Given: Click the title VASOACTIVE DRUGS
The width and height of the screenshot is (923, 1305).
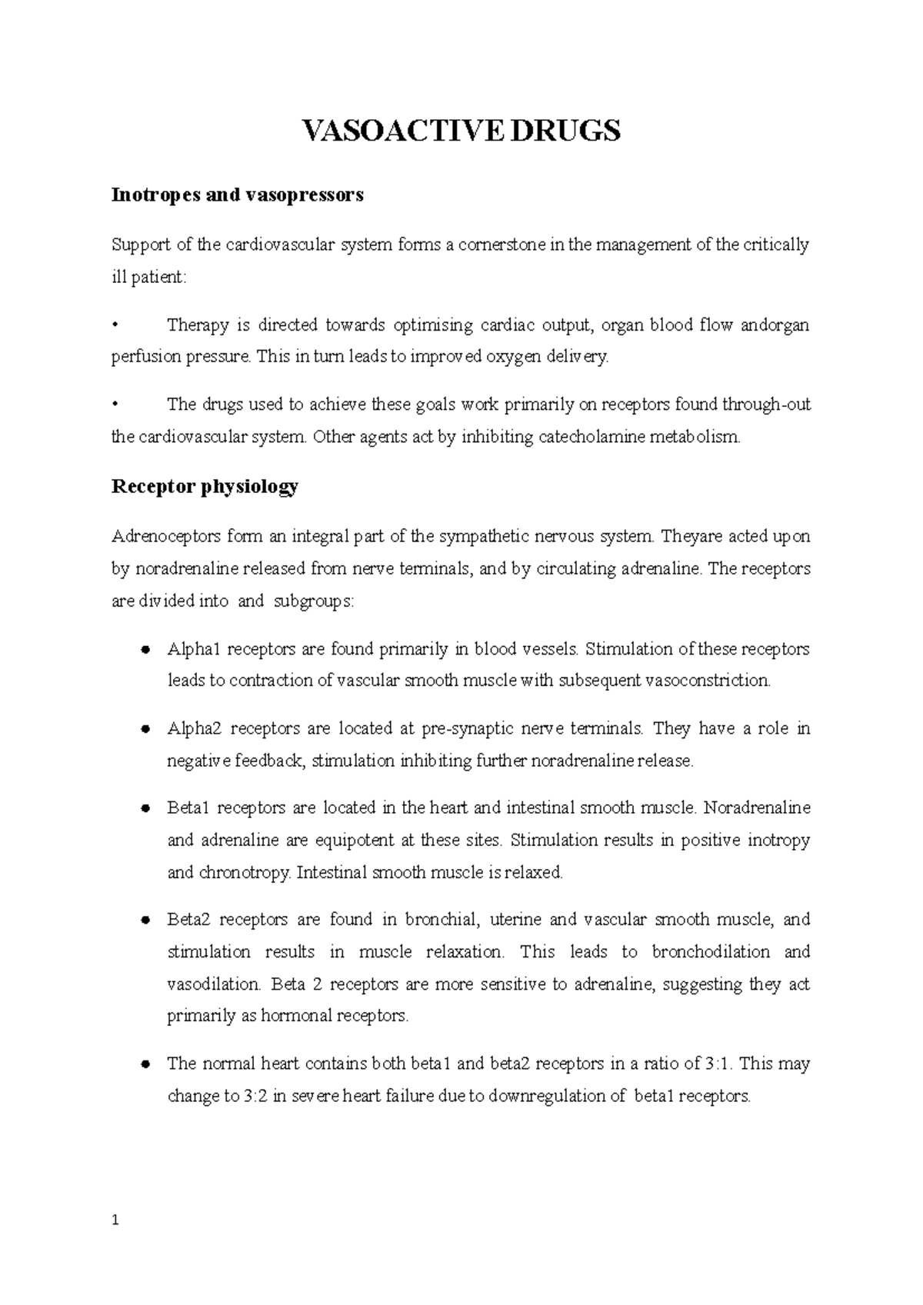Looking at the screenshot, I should tap(461, 132).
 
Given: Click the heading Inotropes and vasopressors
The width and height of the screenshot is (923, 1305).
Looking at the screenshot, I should tap(237, 195).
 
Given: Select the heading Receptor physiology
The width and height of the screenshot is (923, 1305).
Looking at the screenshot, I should tap(205, 487).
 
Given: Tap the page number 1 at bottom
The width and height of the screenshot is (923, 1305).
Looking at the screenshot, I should tap(115, 1220).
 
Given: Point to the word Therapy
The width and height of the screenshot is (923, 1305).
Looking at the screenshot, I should tap(198, 325).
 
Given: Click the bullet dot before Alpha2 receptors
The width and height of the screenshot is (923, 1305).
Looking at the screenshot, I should tap(145, 729).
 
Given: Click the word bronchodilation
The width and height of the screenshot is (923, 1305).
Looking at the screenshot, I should tap(711, 952).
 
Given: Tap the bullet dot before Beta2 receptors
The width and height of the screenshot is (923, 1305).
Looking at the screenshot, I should tap(145, 920).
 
